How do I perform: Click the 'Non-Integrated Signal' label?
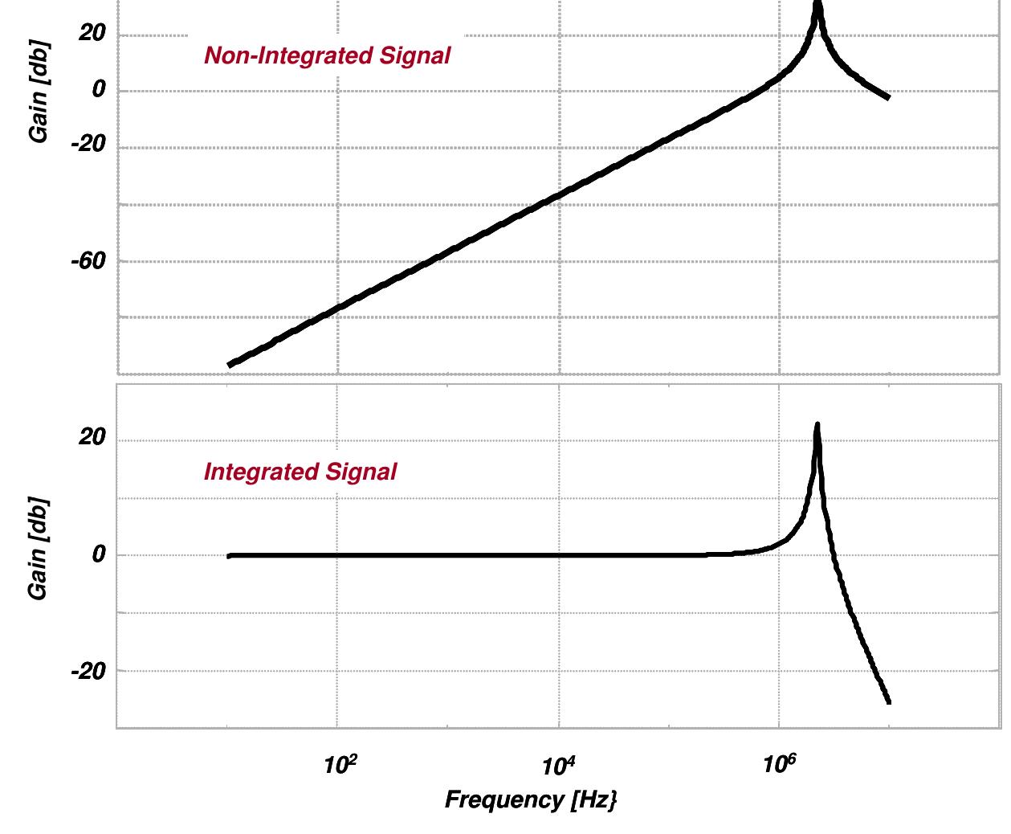click(327, 55)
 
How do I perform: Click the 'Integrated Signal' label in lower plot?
click(300, 472)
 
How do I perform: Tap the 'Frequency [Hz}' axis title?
click(531, 800)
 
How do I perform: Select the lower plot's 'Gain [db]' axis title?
click(38, 548)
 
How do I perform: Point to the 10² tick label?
click(340, 764)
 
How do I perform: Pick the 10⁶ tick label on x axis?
click(779, 764)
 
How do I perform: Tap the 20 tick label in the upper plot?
click(92, 33)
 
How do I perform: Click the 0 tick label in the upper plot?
click(99, 89)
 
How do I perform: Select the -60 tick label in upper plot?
click(88, 261)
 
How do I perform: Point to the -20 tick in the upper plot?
click(88, 145)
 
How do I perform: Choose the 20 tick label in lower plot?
click(92, 437)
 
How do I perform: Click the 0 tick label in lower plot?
click(99, 554)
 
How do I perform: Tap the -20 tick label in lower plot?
click(88, 671)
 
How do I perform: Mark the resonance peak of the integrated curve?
click(817, 424)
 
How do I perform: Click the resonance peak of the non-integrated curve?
click(817, 4)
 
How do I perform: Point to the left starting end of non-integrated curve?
click(230, 365)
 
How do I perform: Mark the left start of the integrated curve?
click(230, 555)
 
